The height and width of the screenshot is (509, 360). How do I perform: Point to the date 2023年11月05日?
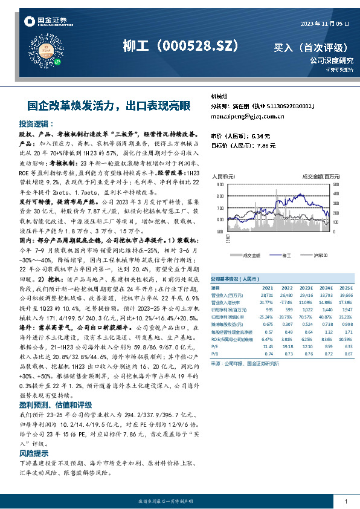pyautogui.click(x=324, y=23)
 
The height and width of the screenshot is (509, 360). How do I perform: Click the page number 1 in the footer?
pyautogui.click(x=346, y=502)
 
